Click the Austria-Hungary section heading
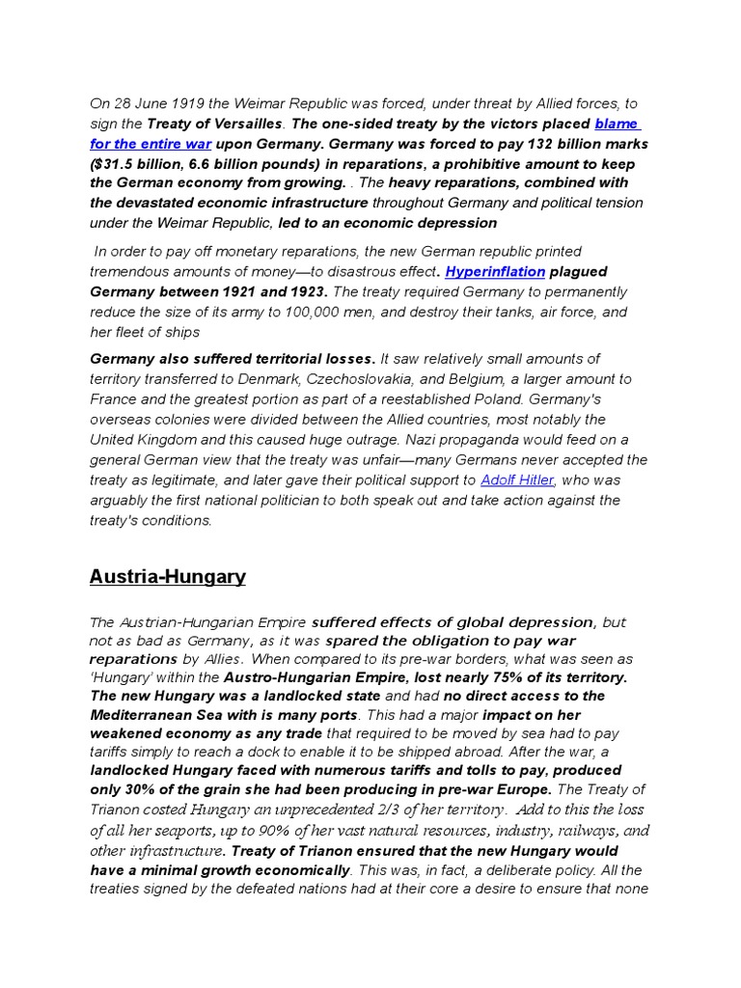167,577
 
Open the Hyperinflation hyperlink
495,271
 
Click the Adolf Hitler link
517,480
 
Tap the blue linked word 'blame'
617,123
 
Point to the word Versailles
250,123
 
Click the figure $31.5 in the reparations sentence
116,163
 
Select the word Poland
527,399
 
